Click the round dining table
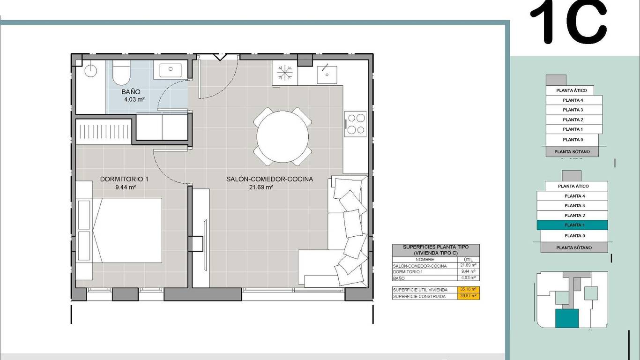(283, 137)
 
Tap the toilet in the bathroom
(121, 72)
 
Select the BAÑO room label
(131, 92)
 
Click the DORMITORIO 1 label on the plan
(124, 179)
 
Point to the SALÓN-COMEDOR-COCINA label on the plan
(270, 179)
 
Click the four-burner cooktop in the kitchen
(356, 124)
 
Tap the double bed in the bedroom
(127, 230)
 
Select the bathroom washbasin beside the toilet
(170, 69)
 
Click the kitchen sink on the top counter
(327, 75)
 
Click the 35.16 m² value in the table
(468, 289)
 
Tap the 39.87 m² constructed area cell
(468, 296)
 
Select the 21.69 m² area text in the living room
(261, 187)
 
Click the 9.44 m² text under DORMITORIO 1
(126, 187)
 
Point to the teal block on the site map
(567, 318)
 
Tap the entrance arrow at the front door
(220, 57)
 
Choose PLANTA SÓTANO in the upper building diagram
(572, 151)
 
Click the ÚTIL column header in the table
(468, 260)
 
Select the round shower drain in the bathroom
(90, 71)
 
